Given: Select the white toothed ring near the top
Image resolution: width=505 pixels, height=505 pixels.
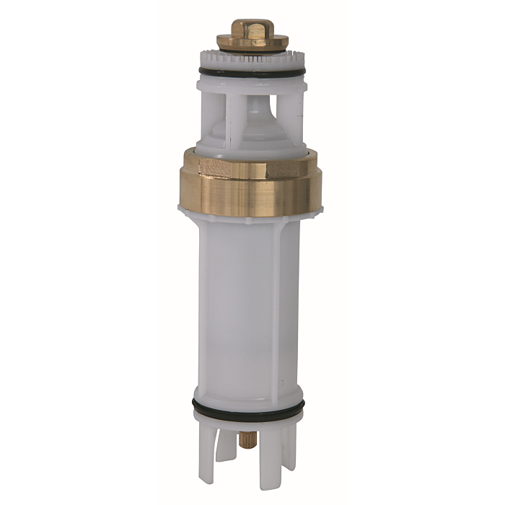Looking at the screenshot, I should click(252, 58).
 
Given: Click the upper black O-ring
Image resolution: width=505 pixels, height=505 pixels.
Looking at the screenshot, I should click(252, 73).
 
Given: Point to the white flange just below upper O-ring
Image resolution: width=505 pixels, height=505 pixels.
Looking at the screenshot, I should click(252, 84).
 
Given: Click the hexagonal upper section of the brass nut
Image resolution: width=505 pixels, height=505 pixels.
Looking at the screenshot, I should click(252, 167).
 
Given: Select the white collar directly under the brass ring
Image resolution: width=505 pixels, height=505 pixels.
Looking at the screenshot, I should click(252, 214).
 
